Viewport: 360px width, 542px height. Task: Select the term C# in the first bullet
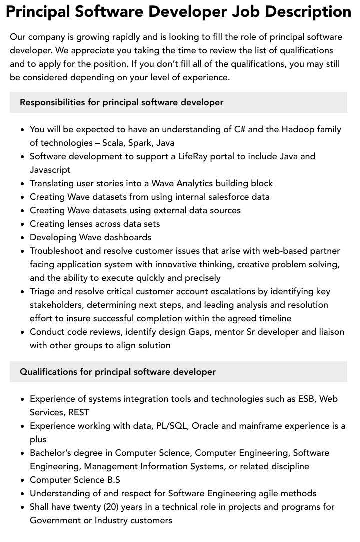[x=239, y=129]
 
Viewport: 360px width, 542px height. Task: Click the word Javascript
[x=50, y=170]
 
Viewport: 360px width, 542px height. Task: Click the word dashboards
[x=127, y=237]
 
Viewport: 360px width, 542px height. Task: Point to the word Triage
[x=42, y=291]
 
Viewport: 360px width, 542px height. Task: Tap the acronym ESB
[x=307, y=399]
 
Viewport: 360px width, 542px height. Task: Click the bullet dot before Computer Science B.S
[x=23, y=480]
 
